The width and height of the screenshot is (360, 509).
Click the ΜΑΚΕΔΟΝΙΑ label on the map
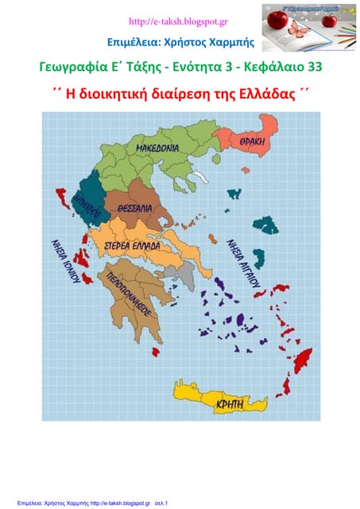pyautogui.click(x=157, y=149)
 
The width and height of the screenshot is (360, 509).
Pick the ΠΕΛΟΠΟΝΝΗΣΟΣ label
pyautogui.click(x=133, y=293)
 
